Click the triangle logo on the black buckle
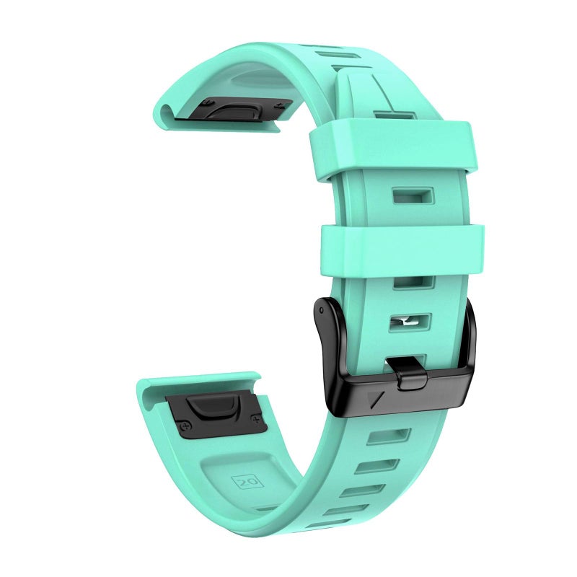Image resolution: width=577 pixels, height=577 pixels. click(x=376, y=400)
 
